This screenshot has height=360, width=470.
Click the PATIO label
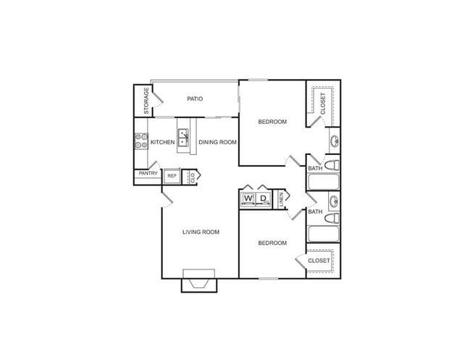point(195,99)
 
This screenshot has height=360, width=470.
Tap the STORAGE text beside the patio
point(146,101)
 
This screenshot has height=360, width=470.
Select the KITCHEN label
point(162,142)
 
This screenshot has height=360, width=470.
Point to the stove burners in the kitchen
point(140,141)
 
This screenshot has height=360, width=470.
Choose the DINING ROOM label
point(218,142)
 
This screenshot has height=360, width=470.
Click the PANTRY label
point(148,174)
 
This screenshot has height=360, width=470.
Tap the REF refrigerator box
point(172,175)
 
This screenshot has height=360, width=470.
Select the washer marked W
point(248,198)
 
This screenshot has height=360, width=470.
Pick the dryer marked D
point(264,198)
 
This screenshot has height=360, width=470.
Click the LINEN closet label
point(282,200)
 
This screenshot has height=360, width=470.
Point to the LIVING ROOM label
point(201,232)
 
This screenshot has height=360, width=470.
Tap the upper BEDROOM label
point(272,122)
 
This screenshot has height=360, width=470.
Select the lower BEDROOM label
point(272,243)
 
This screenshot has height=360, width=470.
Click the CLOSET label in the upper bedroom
point(323,104)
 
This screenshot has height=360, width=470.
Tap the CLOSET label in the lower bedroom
point(319,260)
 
